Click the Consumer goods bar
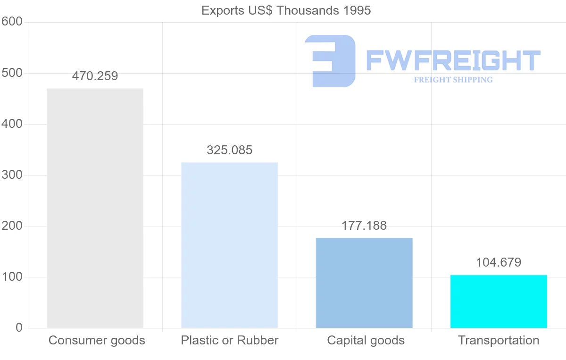click(95, 208)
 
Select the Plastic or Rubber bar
click(230, 245)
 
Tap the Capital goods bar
click(364, 283)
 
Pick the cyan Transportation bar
click(499, 301)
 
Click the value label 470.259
click(95, 76)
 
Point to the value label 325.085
click(230, 151)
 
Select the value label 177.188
click(364, 226)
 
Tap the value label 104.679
click(499, 263)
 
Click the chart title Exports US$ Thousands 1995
click(286, 10)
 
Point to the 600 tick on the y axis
click(12, 22)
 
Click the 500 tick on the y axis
click(12, 73)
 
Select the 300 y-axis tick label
click(12, 175)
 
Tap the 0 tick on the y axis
click(19, 328)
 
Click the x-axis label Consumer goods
click(97, 340)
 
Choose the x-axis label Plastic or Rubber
click(230, 340)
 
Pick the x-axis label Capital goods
click(366, 340)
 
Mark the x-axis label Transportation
click(499, 340)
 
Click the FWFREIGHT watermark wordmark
click(453, 60)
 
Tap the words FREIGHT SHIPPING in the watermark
click(453, 80)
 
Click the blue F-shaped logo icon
click(330, 60)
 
